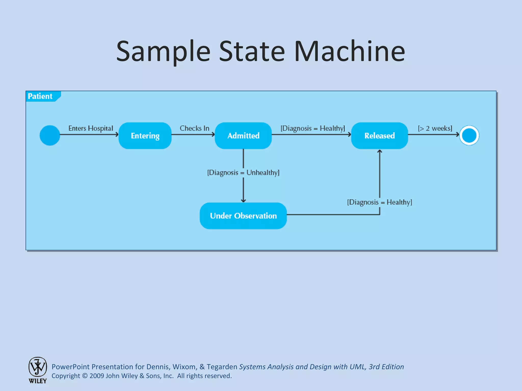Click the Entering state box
[145, 136]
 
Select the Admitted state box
[243, 136]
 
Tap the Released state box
[380, 136]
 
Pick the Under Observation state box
[243, 216]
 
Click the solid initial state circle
[50, 135]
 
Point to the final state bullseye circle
[469, 135]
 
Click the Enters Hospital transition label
[90, 128]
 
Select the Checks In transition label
[194, 128]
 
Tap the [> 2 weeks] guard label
[435, 128]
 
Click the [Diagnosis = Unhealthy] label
[243, 173]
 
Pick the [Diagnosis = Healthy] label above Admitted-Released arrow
[313, 128]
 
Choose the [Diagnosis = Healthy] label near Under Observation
[380, 202]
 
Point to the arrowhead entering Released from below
[380, 151]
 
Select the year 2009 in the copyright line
[97, 376]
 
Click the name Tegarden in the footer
[222, 367]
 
